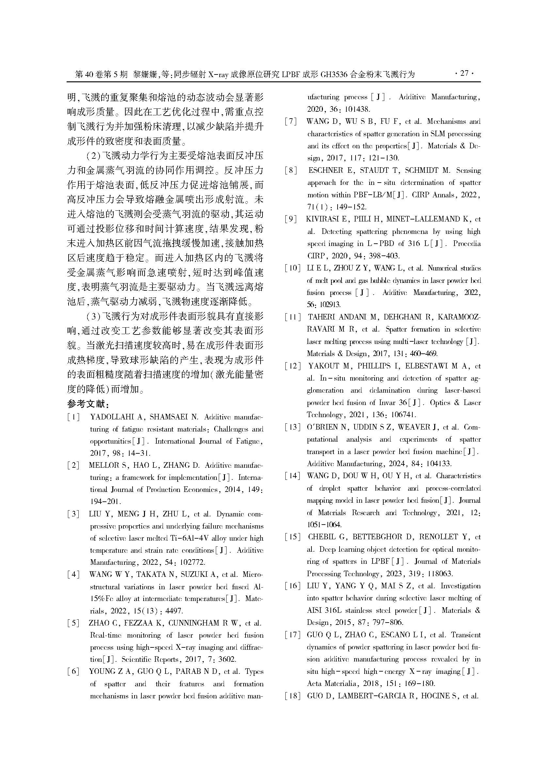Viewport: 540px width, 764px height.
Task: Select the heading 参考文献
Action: [88, 404]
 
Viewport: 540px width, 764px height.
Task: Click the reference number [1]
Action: [73, 417]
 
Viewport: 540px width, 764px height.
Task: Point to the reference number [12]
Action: [293, 366]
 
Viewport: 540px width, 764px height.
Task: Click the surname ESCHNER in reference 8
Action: [326, 171]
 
